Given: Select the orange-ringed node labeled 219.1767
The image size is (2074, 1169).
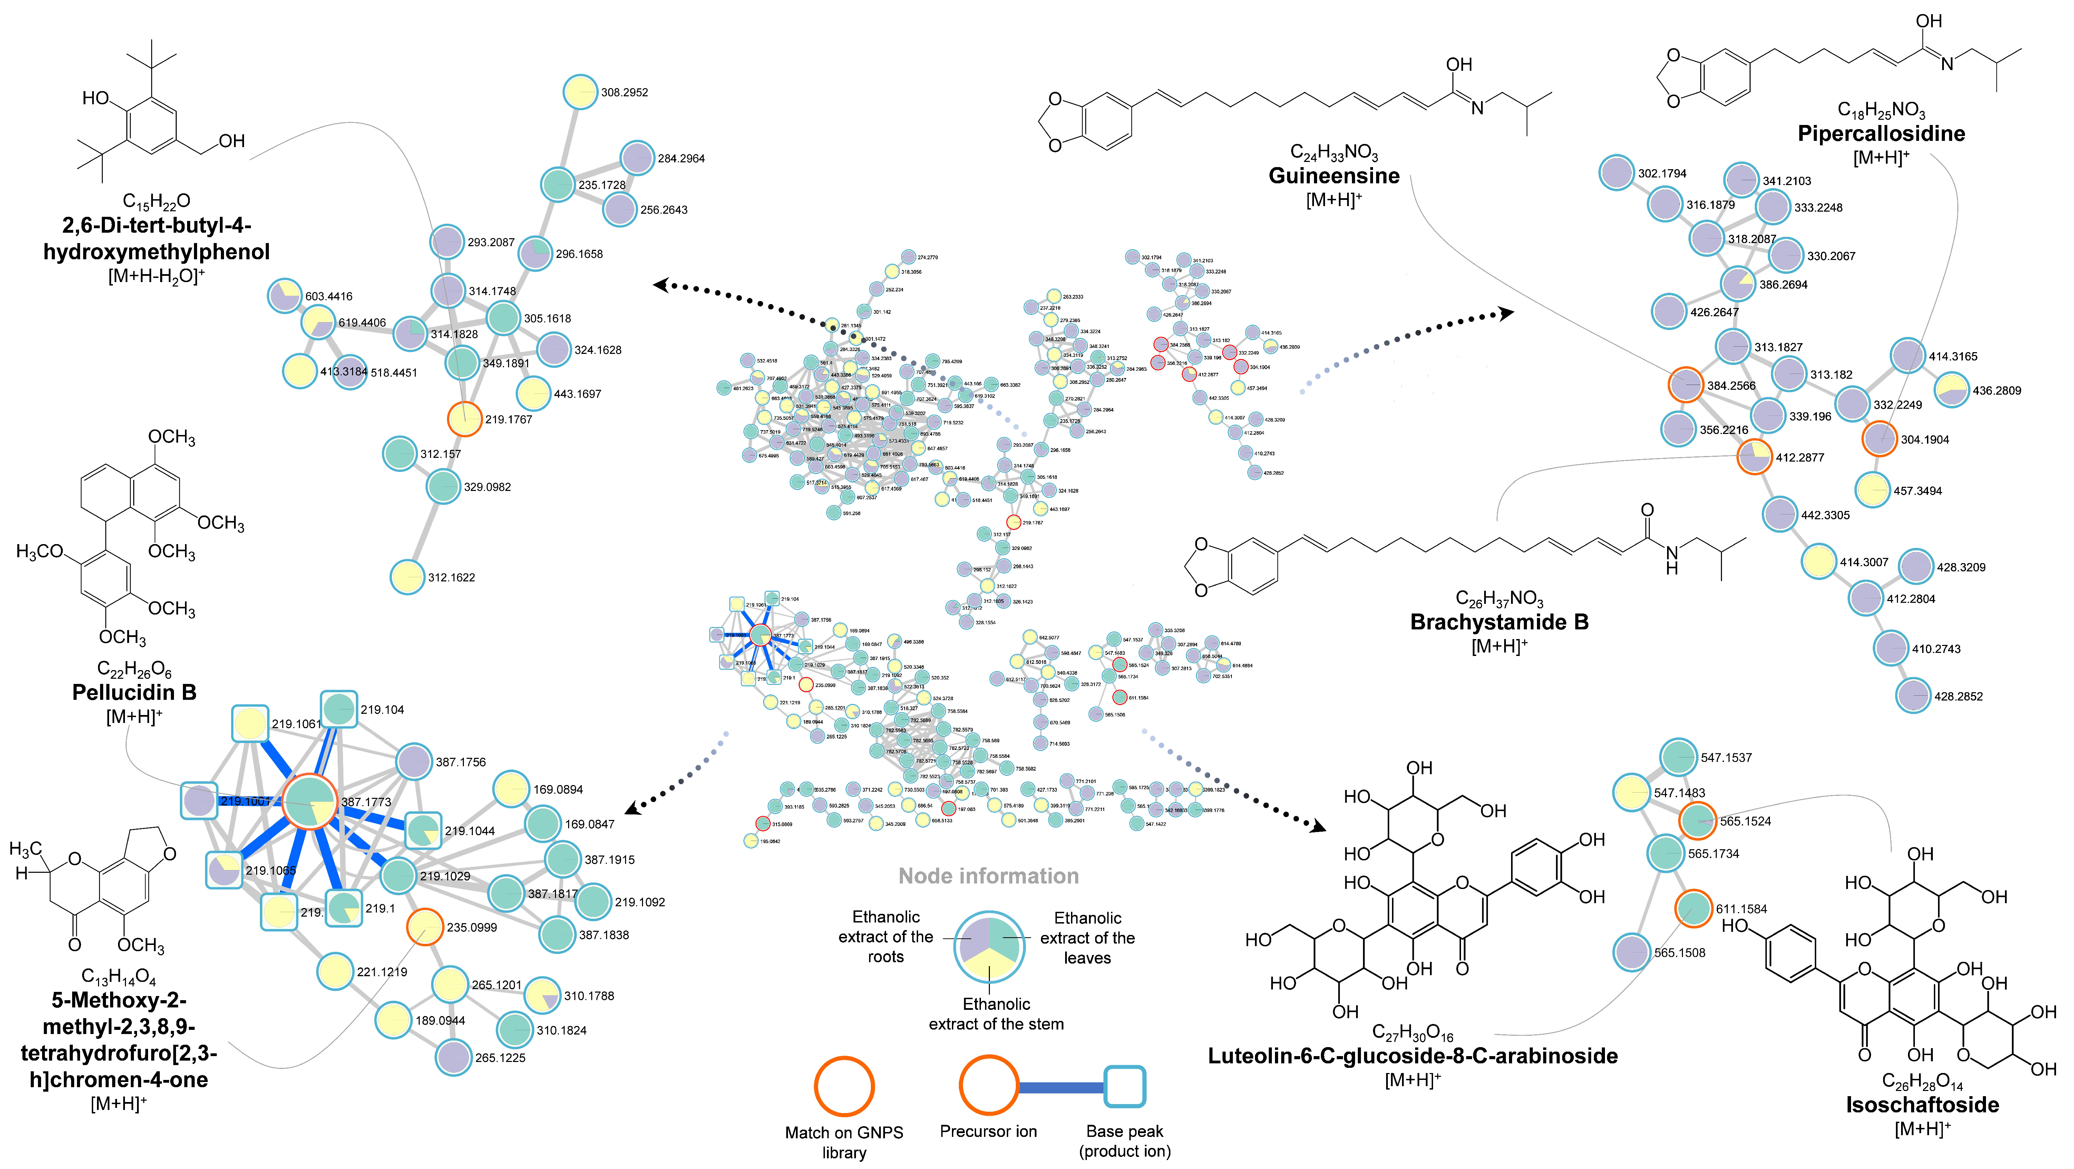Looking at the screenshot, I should point(465,419).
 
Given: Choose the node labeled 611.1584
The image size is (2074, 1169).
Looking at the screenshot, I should point(1693,908).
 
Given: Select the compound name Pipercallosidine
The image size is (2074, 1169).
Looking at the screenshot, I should point(1881,134).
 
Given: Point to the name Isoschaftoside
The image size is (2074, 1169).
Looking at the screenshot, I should point(1922,1104).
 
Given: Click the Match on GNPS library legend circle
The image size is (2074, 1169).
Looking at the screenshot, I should point(844,1086).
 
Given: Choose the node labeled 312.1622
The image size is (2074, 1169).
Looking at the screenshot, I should point(407,577).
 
